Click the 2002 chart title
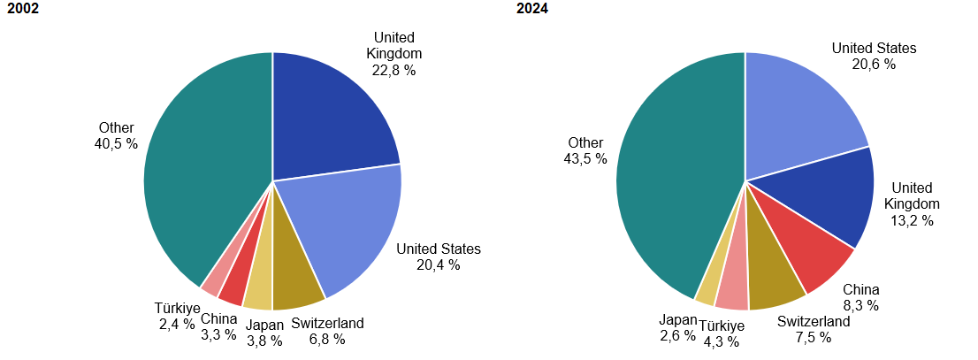(22, 10)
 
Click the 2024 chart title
(533, 10)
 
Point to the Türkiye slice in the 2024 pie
(732, 293)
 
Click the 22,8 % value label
(394, 70)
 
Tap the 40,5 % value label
(116, 143)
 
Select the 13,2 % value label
(912, 220)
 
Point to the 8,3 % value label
(860, 306)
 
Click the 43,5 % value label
(585, 158)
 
